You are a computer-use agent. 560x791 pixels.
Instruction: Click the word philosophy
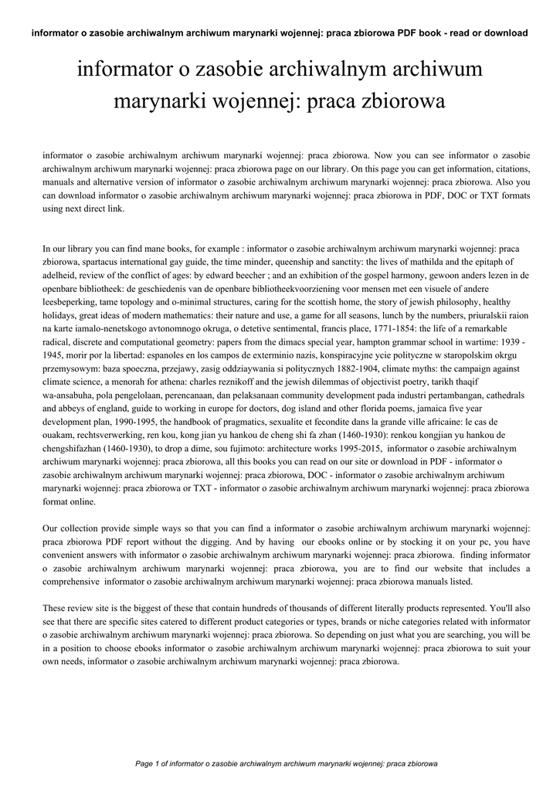point(443,301)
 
